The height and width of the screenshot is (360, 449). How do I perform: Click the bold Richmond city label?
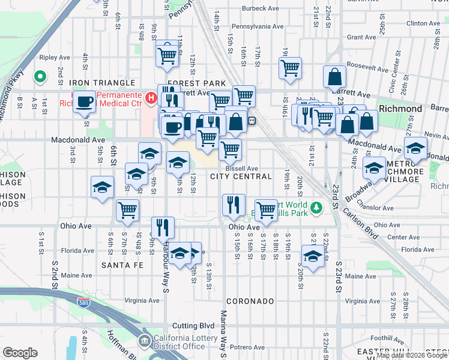400,109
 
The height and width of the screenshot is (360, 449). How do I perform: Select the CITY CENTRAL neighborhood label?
242,176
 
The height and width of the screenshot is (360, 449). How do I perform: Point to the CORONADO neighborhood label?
250,301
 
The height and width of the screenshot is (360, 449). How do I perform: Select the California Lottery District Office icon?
145,341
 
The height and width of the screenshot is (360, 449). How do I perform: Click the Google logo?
20,352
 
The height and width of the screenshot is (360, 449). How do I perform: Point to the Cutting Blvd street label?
193,325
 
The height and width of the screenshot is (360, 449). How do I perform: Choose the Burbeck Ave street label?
262,9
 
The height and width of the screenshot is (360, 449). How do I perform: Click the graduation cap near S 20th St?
312,257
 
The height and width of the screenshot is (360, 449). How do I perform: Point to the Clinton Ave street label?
424,23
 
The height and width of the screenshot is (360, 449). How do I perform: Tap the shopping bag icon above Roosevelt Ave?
335,77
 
